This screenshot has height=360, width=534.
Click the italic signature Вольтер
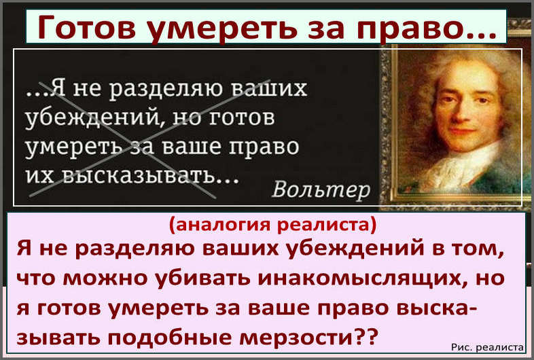pos(321,189)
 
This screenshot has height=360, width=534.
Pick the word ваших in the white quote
pos(270,88)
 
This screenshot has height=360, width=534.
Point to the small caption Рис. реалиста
pos(487,347)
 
